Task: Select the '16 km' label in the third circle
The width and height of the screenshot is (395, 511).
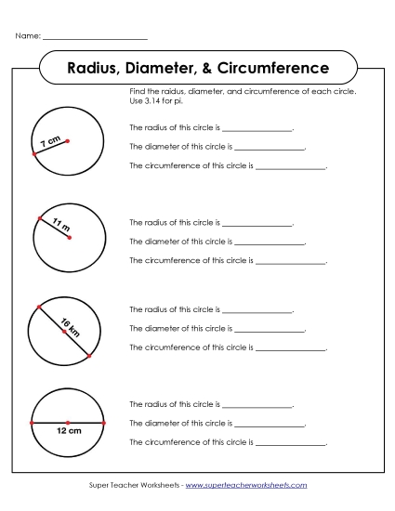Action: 70,325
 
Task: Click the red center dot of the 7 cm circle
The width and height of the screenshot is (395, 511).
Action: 68,141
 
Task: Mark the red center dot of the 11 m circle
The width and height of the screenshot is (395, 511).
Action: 70,237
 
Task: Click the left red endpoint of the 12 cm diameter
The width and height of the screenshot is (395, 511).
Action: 32,423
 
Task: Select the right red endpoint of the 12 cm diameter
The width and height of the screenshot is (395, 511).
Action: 104,423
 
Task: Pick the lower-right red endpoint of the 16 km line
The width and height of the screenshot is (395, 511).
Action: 89,356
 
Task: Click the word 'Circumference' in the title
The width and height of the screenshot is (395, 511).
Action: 276,68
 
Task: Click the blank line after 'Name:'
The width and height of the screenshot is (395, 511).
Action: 96,36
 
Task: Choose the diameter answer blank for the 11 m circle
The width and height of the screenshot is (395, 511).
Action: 270,242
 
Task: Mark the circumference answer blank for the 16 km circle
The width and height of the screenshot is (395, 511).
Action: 291,348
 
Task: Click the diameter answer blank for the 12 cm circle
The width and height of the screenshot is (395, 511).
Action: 270,424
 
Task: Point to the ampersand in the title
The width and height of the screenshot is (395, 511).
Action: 210,68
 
